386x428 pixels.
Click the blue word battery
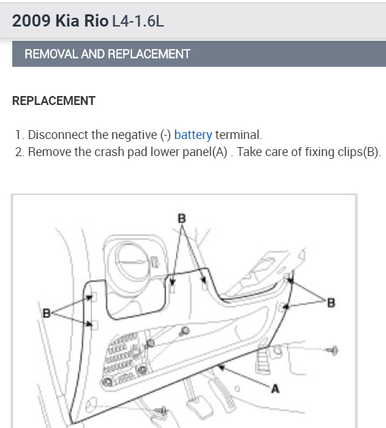193,135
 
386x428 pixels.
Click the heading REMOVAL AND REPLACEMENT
108,54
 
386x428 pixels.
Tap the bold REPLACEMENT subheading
54,101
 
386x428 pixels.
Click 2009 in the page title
31,20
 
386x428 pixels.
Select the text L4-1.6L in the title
138,21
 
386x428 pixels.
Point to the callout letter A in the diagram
275,388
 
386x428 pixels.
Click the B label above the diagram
182,219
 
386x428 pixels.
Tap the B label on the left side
46,313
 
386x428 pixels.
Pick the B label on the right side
331,303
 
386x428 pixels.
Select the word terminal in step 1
238,135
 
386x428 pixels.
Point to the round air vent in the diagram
128,263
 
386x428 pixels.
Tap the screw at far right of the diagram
334,350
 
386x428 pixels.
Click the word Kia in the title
67,20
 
